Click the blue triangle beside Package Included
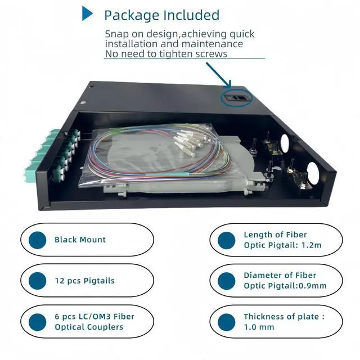coord(87,13)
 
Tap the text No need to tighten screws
coord(166,54)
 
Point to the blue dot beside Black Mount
coord(38,240)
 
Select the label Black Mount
coord(80,240)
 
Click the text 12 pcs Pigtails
coord(84,280)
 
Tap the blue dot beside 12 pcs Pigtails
coord(38,281)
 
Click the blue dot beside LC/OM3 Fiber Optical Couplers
coord(38,322)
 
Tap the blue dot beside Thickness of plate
coord(226,322)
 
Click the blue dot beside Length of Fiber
coord(226,240)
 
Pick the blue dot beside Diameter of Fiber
coord(226,281)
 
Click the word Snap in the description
coord(117,34)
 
